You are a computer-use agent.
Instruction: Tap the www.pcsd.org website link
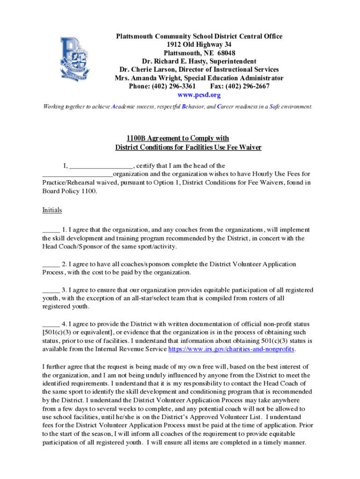click(199, 95)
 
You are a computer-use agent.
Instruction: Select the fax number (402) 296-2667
click(247, 87)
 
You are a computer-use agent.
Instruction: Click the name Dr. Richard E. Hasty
click(176, 61)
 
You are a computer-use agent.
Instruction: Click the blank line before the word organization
click(77, 174)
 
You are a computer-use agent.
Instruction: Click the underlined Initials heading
click(52, 210)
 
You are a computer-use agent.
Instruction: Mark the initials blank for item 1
click(50, 230)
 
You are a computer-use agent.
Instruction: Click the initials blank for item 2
click(50, 264)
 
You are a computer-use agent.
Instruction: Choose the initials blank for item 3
click(50, 290)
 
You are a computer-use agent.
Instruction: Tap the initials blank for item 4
click(50, 324)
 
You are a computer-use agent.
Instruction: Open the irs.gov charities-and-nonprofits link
click(231, 349)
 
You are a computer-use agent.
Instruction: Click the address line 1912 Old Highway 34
click(199, 44)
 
